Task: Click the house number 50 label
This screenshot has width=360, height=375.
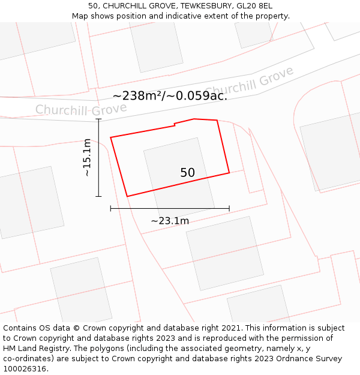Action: pos(187,173)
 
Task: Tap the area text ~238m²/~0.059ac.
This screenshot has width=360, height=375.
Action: pos(170,95)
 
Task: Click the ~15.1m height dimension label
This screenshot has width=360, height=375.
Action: pos(87,157)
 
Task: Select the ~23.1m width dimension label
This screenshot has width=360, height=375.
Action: pos(170,221)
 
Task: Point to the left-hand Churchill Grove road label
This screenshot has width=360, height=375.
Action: pos(81,109)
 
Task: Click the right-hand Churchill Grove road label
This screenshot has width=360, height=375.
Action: pos(250,82)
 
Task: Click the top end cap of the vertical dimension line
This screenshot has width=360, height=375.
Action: pos(98,119)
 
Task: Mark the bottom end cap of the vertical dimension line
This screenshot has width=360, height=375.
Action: pos(98,196)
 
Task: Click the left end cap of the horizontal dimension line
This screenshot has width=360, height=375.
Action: pos(110,208)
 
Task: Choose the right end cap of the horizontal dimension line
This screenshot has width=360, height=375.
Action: pos(229,208)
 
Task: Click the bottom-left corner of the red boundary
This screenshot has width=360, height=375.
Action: pos(127,196)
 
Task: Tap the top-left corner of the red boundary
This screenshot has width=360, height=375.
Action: pos(110,137)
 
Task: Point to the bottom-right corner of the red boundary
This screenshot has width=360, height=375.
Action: pos(229,173)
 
